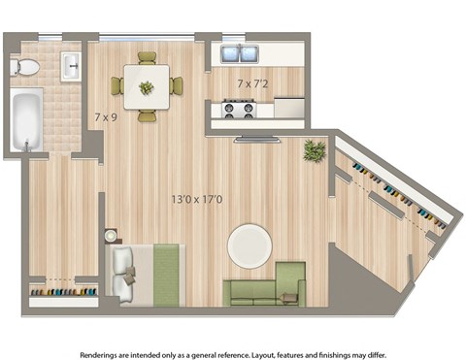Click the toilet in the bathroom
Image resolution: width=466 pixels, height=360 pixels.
click(x=26, y=67)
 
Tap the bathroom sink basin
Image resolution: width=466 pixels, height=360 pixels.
click(x=71, y=67)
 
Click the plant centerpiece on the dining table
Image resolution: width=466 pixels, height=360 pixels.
click(x=147, y=87)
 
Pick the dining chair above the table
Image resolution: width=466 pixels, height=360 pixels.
click(x=147, y=58)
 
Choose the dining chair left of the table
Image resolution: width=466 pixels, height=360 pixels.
click(x=117, y=86)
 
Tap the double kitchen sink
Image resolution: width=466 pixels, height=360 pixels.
click(x=238, y=53)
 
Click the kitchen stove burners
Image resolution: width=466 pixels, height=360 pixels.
click(x=238, y=109)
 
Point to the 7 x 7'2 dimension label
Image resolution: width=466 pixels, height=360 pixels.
click(x=252, y=84)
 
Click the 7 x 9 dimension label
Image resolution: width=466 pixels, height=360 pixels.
click(x=106, y=118)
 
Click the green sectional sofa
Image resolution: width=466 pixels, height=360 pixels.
click(x=266, y=285)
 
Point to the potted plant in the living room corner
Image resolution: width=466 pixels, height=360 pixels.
click(x=314, y=150)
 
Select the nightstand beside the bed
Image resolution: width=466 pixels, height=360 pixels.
click(x=111, y=235)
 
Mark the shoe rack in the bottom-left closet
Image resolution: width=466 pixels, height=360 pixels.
click(x=64, y=290)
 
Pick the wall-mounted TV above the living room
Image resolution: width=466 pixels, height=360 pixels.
click(x=257, y=140)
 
